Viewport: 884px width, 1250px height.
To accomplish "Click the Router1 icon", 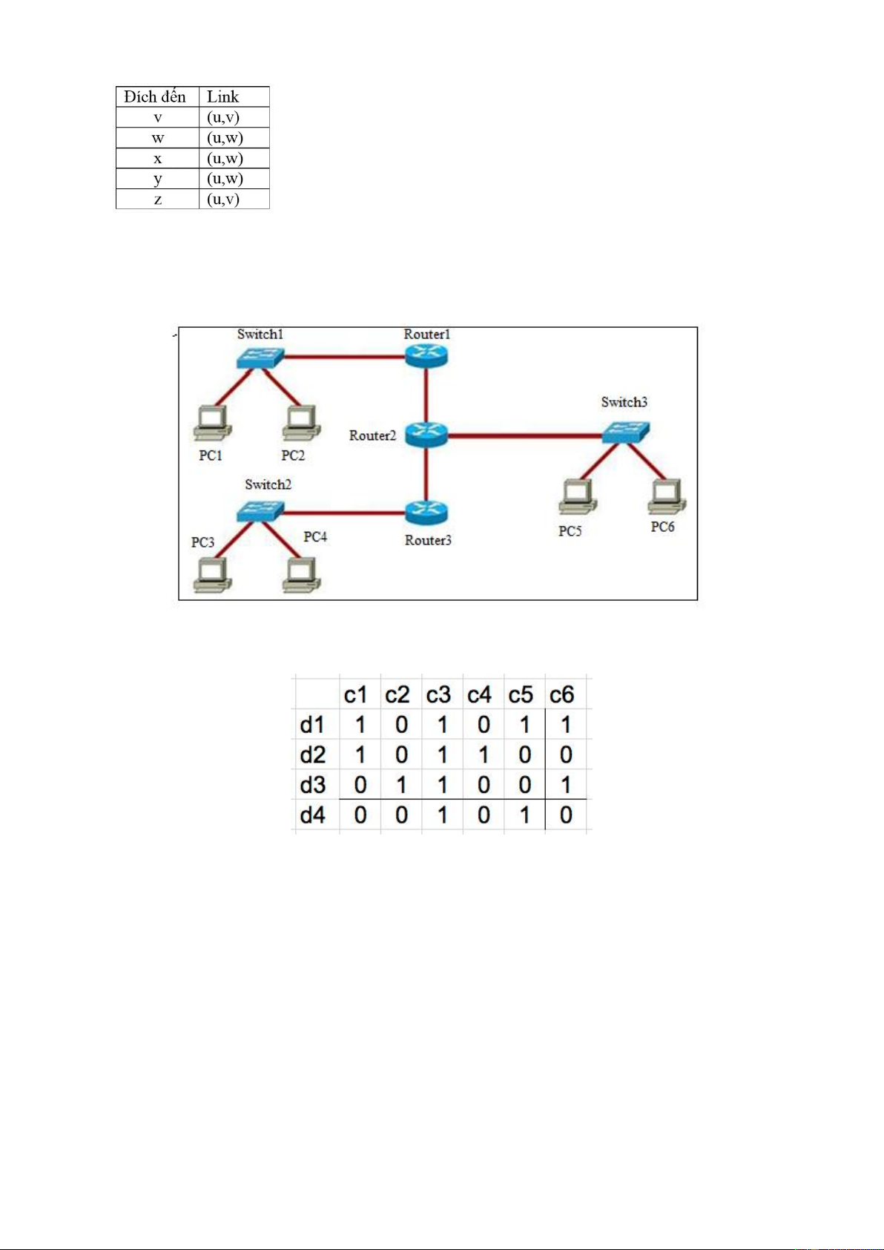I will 426,355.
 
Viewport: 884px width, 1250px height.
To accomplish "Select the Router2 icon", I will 426,434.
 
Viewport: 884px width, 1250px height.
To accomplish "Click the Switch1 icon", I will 260,358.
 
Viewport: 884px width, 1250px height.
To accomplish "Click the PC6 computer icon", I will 667,496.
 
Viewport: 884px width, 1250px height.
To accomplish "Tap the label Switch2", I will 268,484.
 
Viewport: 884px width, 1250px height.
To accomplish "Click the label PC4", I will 315,536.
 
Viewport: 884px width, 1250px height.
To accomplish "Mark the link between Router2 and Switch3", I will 524,435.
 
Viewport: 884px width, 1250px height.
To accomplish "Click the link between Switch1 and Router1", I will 343,357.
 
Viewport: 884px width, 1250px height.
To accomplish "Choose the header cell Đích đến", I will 156,96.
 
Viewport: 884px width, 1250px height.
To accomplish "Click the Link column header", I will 222,96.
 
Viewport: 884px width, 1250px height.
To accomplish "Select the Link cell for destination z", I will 223,199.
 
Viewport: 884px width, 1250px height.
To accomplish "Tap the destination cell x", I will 157,158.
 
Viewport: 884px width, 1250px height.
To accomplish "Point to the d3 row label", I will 313,785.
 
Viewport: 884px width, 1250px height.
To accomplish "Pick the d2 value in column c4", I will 484,755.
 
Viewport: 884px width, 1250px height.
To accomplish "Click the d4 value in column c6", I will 566,815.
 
